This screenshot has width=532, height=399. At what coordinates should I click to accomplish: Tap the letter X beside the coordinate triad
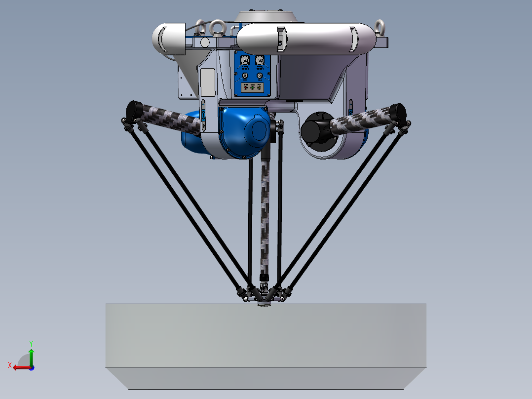click(x=10, y=365)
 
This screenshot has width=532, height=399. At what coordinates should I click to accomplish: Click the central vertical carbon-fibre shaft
click(x=265, y=212)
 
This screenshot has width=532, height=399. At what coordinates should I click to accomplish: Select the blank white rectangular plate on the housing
click(x=207, y=81)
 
